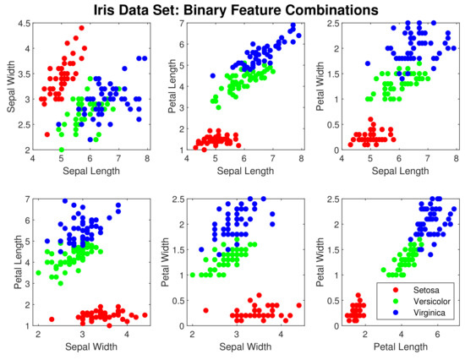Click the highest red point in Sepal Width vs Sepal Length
pyautogui.click(x=81, y=27)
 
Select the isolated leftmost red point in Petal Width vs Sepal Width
pyautogui.click(x=205, y=310)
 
